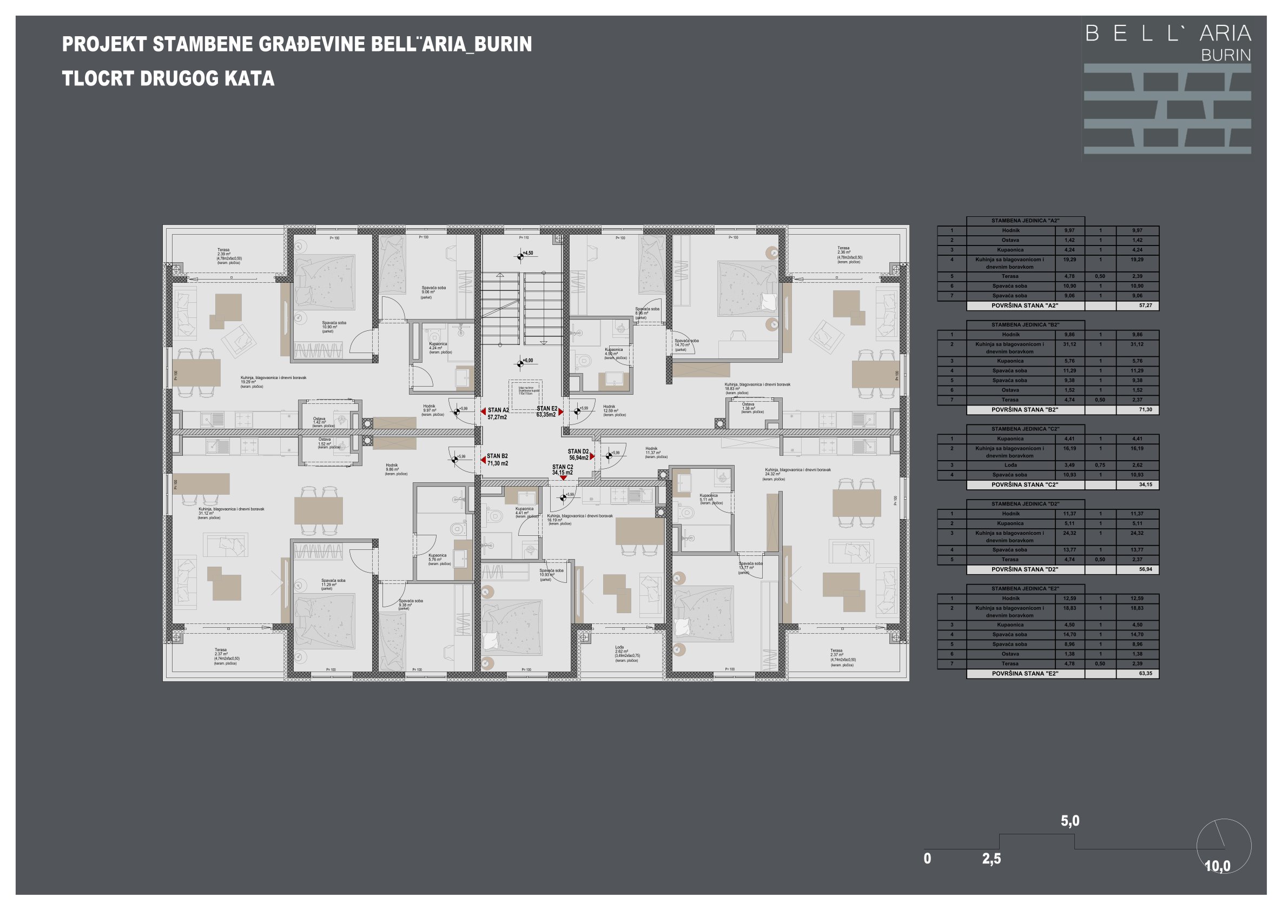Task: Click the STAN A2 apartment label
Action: point(498,414)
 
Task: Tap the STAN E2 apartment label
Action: point(546,411)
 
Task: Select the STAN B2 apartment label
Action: point(497,460)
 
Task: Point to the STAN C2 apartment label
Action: point(562,470)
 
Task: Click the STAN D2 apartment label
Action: point(578,454)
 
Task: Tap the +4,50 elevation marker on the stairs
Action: point(527,254)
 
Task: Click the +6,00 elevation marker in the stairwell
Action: point(527,361)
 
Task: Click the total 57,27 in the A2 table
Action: point(1145,305)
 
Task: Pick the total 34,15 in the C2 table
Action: point(1145,484)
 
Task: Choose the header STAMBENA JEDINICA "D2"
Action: point(1025,504)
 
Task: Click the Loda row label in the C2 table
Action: point(1010,465)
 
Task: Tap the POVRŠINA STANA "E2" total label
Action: point(1025,673)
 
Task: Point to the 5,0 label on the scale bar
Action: point(1070,821)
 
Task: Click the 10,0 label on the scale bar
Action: point(1217,866)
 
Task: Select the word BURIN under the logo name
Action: point(1226,55)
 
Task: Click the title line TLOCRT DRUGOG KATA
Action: point(168,78)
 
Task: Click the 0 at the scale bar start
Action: point(927,859)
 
